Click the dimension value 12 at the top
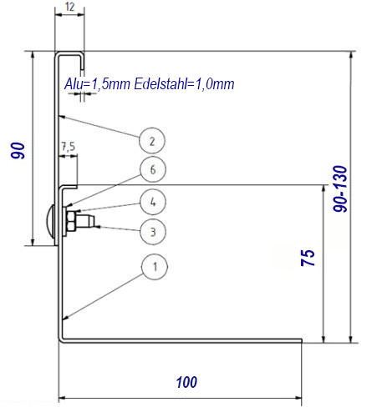70,7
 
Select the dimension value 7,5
68,146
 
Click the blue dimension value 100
186,382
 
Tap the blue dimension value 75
308,258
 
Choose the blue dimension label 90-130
340,189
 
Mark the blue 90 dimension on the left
18,150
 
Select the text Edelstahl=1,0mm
184,83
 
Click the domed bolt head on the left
50,222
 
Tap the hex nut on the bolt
71,221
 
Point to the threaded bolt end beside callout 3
85,221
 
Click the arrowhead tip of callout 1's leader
64,319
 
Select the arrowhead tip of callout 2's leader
59,116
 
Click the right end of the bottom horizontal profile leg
302,340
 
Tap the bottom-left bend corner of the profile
61,340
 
